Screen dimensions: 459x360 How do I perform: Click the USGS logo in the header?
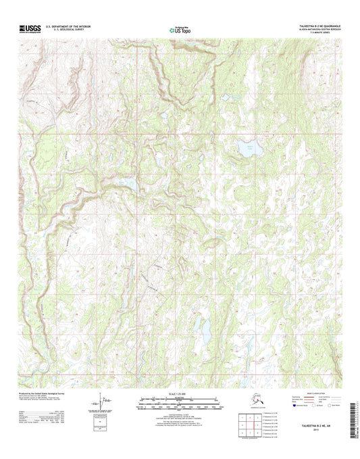coord(31,29)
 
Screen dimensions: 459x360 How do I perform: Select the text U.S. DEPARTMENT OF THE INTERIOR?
coord(68,26)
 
